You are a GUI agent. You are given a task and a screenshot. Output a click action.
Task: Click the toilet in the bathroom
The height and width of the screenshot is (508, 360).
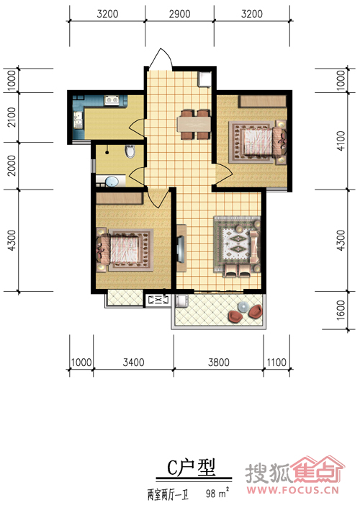(x=130, y=151)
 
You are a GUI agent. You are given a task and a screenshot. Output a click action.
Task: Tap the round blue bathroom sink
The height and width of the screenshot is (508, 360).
(x=112, y=182)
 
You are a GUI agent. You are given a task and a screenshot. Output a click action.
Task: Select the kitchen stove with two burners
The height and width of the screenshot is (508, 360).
(x=112, y=99)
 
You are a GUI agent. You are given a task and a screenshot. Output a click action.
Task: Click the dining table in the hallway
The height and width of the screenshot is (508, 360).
(x=194, y=124)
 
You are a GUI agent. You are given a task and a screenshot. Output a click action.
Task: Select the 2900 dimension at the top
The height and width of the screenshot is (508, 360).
(x=179, y=14)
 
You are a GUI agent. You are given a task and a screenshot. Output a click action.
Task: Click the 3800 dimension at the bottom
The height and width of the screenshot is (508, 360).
(x=219, y=362)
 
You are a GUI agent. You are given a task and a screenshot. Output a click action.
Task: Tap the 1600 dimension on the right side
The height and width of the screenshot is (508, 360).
(x=341, y=310)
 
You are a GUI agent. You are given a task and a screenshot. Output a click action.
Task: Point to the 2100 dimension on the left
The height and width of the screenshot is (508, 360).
(x=12, y=117)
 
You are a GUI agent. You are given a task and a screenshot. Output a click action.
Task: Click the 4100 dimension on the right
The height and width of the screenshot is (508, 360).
(x=341, y=141)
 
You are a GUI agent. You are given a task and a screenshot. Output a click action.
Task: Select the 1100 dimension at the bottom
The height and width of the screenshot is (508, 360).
(x=276, y=362)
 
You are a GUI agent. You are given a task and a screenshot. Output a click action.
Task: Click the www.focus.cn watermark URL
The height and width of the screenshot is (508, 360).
(x=293, y=489)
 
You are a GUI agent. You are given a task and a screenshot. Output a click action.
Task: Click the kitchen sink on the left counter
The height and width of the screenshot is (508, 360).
(x=78, y=120)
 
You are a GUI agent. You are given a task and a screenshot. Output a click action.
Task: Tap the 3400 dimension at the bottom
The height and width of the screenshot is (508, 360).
(x=133, y=362)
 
